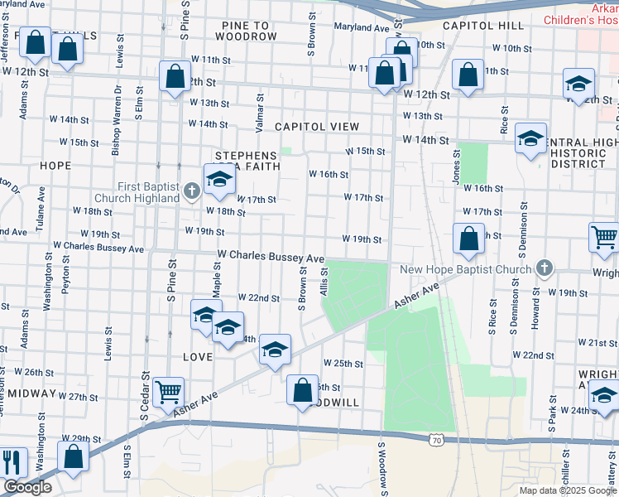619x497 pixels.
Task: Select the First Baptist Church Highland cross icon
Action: coord(192,192)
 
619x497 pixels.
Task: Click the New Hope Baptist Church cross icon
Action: coord(544,268)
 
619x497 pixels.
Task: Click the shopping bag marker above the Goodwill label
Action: coord(303,388)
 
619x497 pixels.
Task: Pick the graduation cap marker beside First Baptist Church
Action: coord(219,180)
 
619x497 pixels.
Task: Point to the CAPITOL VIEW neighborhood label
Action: coord(317,127)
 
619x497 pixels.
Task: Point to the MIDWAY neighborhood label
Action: coord(32,393)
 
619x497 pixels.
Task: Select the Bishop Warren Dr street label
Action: coord(117,121)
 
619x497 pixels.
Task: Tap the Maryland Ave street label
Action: coord(361,27)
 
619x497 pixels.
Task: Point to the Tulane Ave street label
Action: coord(39,220)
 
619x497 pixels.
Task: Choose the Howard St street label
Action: coord(535,309)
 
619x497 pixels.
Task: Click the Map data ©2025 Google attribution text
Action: coord(568,490)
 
